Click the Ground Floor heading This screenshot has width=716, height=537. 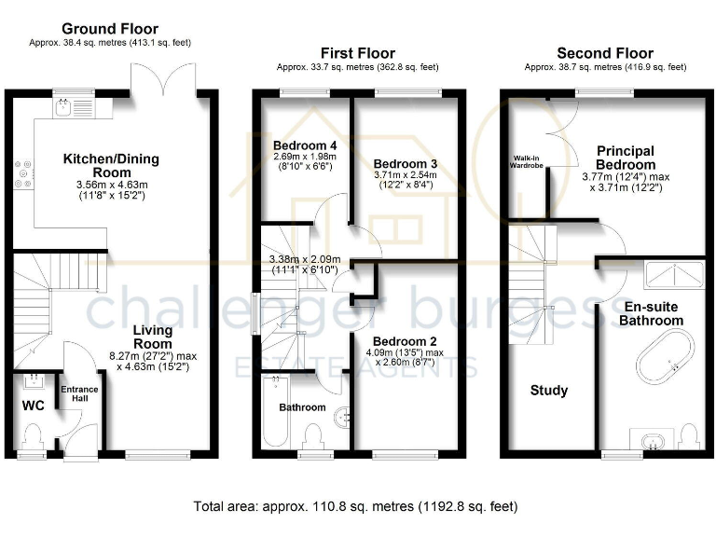(x=110, y=30)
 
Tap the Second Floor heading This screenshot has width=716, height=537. (x=605, y=53)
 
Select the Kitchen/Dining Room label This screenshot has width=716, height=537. (x=111, y=166)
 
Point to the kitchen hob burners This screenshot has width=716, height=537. (x=21, y=173)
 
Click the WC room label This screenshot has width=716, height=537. (x=33, y=406)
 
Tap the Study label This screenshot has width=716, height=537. (x=548, y=390)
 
